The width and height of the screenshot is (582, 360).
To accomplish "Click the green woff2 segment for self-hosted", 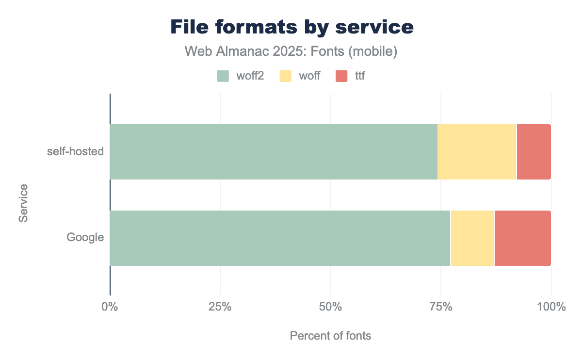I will (x=274, y=152).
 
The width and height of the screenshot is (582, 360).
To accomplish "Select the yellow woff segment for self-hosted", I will (x=477, y=152).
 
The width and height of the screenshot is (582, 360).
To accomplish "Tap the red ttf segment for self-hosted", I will (x=533, y=152).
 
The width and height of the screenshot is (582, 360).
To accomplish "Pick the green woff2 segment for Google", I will (x=280, y=238).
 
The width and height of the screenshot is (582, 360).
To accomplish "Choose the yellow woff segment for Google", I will (x=472, y=238).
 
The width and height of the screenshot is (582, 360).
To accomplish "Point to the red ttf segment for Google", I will (x=522, y=238).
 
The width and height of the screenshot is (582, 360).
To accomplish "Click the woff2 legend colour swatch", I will (x=223, y=76).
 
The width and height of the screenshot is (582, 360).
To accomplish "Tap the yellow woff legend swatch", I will (x=286, y=76).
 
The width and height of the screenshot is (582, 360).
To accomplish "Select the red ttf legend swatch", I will (x=342, y=76).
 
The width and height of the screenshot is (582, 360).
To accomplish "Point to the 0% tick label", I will (x=110, y=307).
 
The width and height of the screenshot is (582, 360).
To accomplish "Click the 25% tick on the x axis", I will (x=220, y=307).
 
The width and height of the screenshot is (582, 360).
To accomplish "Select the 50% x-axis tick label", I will (x=330, y=307).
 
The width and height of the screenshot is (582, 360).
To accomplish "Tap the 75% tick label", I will (x=440, y=307).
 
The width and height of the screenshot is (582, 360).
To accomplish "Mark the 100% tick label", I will (x=551, y=307).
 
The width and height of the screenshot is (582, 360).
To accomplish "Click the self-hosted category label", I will (x=75, y=151).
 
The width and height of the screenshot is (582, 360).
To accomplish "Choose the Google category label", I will (x=85, y=238).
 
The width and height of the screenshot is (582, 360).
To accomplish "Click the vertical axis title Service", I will (x=23, y=203).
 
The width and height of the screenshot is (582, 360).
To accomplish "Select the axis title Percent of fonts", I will (x=330, y=336).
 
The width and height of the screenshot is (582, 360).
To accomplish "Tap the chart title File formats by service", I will (x=292, y=27).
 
